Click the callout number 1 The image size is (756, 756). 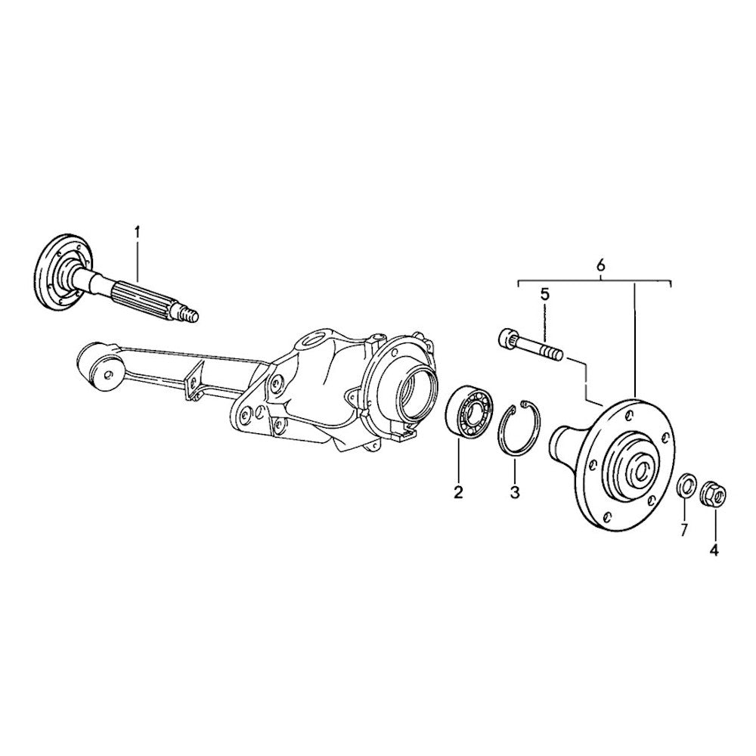[138, 232]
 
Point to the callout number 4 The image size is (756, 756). [714, 550]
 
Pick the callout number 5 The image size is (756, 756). [544, 295]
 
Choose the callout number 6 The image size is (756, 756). [601, 265]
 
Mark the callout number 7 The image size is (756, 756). [683, 530]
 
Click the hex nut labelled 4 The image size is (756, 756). [713, 494]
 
